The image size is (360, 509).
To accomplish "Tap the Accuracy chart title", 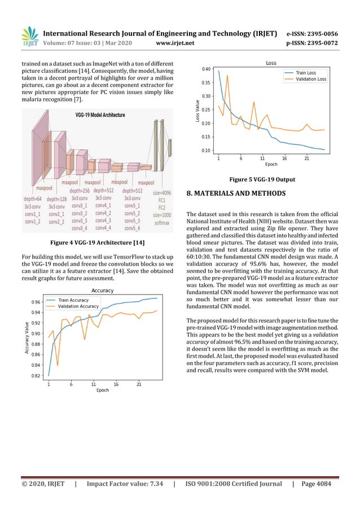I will click(103, 291).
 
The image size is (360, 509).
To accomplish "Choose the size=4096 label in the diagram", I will click(162, 192).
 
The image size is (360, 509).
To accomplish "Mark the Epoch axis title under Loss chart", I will click(271, 165).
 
